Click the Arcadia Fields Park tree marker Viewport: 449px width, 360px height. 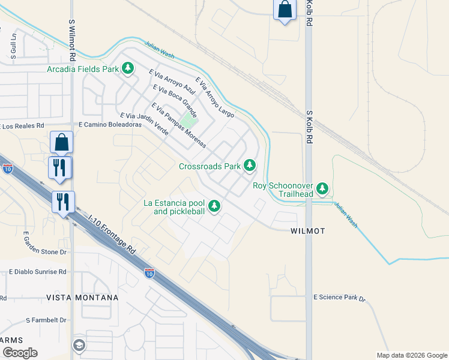[x=127, y=69]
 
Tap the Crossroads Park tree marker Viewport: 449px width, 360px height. [x=250, y=166]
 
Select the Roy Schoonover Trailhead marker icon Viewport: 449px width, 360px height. [x=323, y=190]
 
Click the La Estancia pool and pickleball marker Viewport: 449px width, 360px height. [x=214, y=207]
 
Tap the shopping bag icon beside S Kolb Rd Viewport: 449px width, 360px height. [x=285, y=10]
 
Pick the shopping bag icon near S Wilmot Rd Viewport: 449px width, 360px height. [x=61, y=142]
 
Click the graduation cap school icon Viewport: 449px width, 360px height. [x=79, y=345]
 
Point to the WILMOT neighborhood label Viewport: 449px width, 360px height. [x=308, y=231]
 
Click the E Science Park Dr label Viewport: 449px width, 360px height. [x=339, y=298]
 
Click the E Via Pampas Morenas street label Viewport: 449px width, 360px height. [x=179, y=125]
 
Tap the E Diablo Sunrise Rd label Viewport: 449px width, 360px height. [x=37, y=271]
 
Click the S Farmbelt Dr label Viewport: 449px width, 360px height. [x=46, y=320]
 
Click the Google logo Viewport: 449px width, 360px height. [x=19, y=352]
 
